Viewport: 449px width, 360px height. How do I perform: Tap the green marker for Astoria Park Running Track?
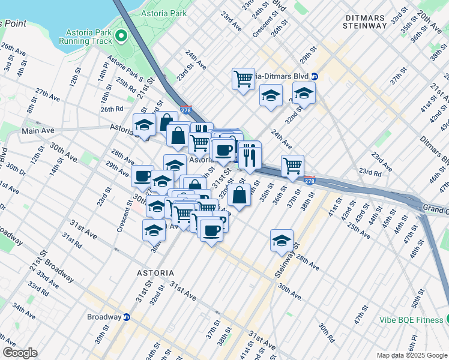coord(122,35)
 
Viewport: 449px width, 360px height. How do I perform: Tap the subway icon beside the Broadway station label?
coord(127,317)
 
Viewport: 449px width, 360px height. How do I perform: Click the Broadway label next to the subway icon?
coord(104,317)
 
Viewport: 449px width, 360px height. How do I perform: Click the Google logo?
coord(20,353)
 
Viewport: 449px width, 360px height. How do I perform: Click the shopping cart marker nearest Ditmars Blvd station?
coord(243,78)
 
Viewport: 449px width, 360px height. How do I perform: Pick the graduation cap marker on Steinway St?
coord(282,241)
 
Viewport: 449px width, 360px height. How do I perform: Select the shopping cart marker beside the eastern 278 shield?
coord(292,166)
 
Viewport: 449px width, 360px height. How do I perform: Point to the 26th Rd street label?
coord(112,109)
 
